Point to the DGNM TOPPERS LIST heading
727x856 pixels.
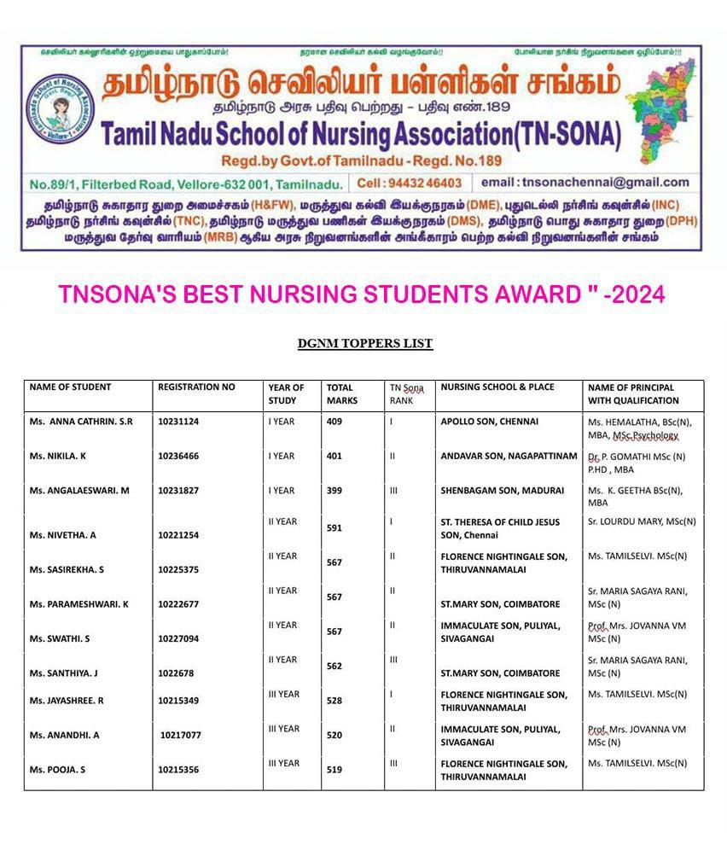(364, 343)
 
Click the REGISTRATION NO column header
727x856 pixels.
(196, 387)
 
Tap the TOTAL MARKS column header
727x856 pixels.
(340, 393)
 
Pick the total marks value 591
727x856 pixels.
(334, 528)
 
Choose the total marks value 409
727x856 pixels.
(334, 422)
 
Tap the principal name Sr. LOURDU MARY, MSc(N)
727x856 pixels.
(642, 521)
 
